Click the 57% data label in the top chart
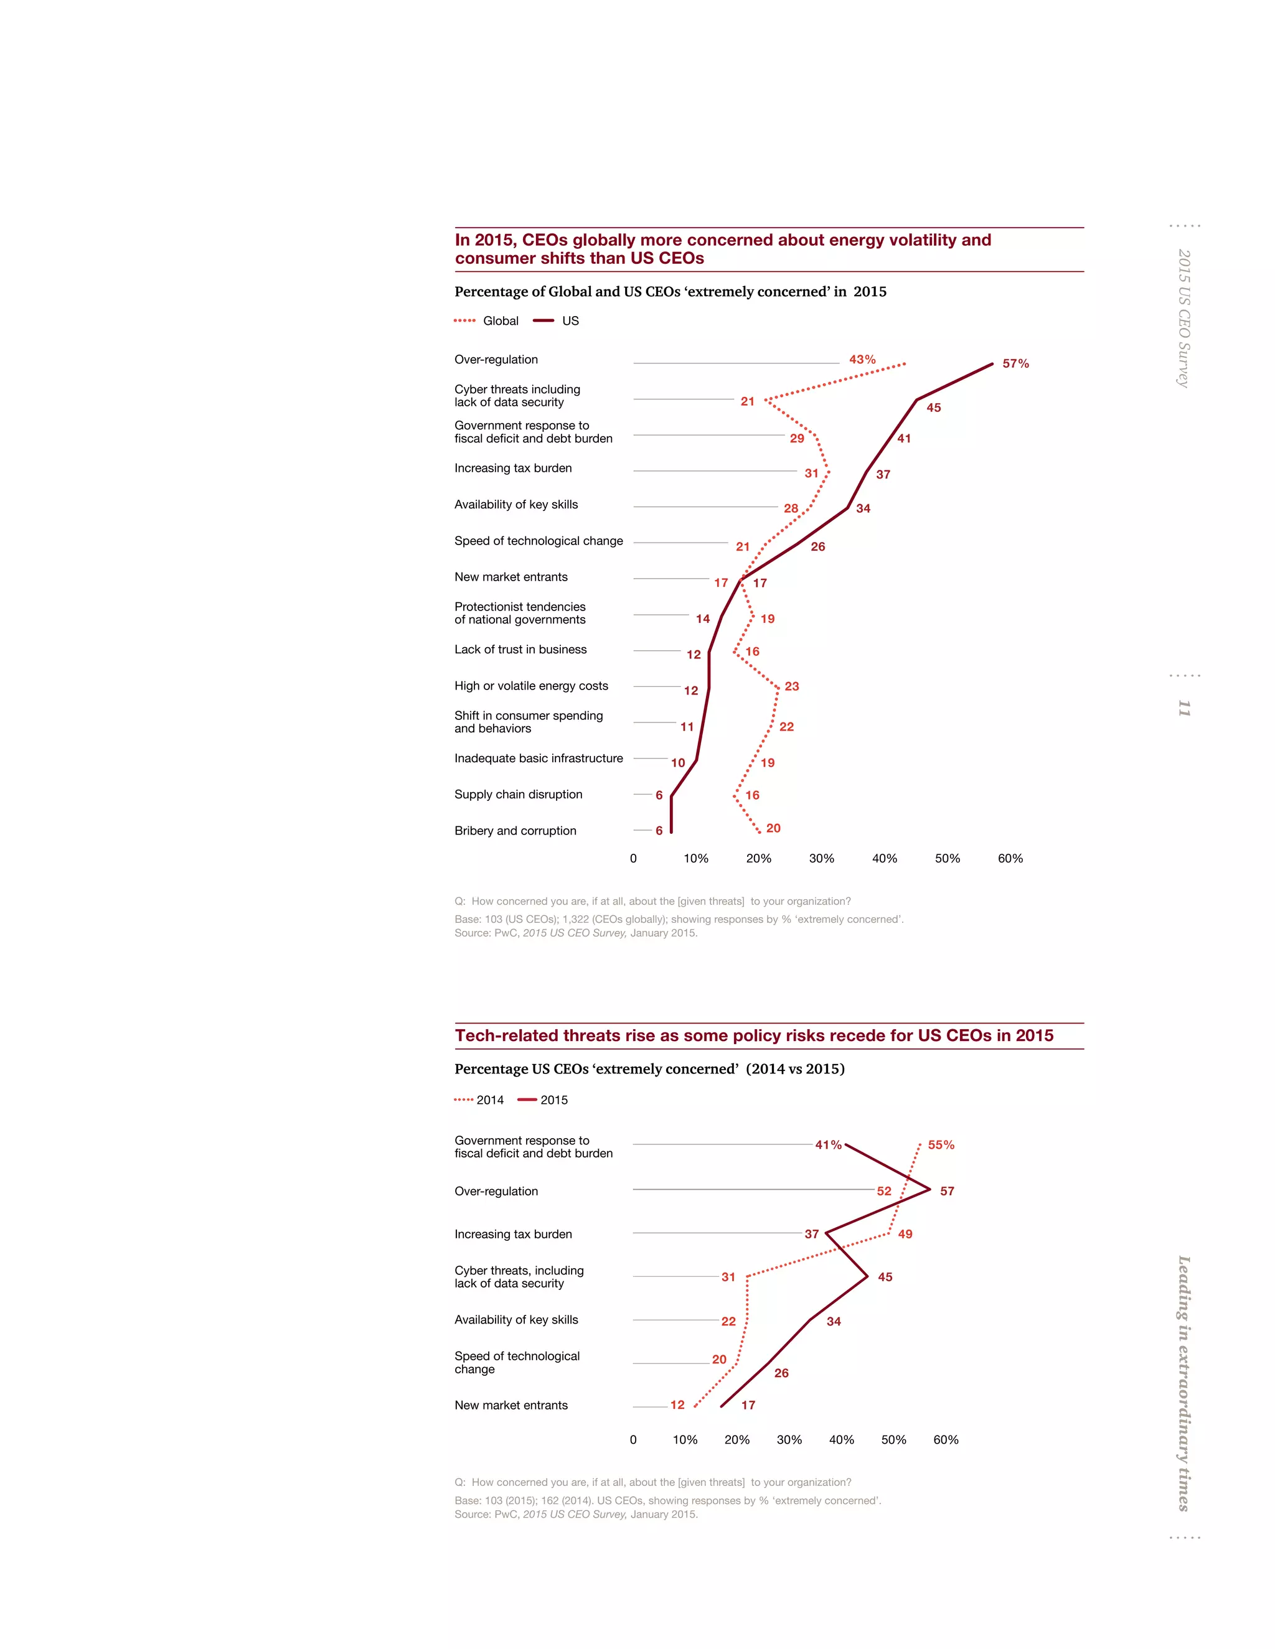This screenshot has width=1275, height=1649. (x=1015, y=363)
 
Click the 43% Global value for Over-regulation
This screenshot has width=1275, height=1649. (x=862, y=360)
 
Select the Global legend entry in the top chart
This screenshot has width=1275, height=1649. (x=487, y=321)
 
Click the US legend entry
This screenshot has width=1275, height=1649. (x=557, y=321)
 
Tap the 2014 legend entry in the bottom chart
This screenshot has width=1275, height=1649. (x=479, y=1100)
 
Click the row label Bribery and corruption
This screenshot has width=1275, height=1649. (x=515, y=831)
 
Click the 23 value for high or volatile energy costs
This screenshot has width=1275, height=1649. (x=792, y=686)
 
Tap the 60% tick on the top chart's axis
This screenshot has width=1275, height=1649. (x=1010, y=859)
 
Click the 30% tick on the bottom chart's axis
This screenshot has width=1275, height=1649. (x=789, y=1440)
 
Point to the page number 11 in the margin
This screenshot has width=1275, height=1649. (x=1183, y=708)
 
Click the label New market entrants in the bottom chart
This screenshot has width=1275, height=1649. (x=510, y=1405)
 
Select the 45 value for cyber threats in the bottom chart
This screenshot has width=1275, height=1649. (x=885, y=1277)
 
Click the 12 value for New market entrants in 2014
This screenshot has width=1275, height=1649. (x=677, y=1405)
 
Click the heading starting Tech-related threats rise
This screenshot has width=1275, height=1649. (x=753, y=1036)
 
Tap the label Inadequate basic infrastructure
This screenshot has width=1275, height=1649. (x=539, y=758)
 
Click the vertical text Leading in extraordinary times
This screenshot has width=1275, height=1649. (x=1183, y=1383)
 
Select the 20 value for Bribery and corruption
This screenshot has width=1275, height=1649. (x=773, y=828)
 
